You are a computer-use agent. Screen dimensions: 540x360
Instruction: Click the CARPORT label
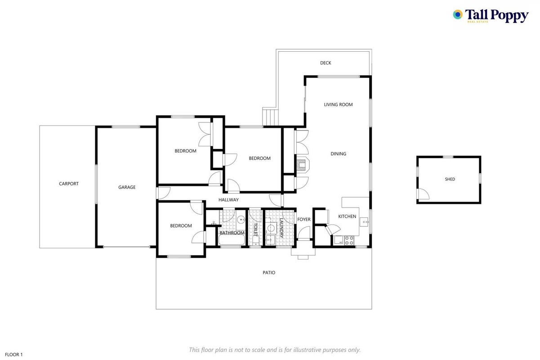point(69,184)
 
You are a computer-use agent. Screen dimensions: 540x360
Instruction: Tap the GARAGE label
point(127,187)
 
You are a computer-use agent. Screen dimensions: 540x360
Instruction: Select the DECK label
point(326,63)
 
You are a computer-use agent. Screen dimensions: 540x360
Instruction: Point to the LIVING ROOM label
point(338,105)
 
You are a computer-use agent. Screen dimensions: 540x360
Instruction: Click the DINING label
point(338,154)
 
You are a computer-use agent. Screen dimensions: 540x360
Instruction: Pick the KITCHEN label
point(347,216)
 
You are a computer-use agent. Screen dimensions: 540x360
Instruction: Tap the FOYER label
point(304,219)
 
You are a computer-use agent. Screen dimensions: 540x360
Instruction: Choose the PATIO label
point(269,273)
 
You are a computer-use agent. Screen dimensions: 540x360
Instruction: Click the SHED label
point(450,179)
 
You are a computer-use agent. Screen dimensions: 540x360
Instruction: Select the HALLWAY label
point(228,200)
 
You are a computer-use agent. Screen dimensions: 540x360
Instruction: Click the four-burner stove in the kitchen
point(349,240)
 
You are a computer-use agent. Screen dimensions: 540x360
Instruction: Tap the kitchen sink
point(364,221)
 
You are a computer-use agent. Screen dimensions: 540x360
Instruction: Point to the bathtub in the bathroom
point(232,240)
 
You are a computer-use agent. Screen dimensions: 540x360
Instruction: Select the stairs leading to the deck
point(271,117)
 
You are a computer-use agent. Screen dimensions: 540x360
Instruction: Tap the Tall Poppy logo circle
point(458,14)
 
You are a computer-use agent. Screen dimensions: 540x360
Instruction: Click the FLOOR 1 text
point(14,355)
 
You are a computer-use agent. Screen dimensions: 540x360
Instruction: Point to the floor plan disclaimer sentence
point(275,350)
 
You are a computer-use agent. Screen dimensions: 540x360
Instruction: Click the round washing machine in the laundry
point(272,228)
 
